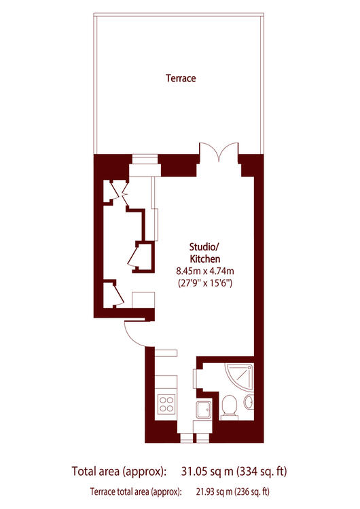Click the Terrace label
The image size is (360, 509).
(181, 78)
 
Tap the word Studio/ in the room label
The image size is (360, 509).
(204, 247)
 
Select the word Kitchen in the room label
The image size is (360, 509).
(205, 259)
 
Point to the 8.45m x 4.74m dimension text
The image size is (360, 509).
(205, 271)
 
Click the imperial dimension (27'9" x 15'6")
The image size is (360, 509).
(205, 283)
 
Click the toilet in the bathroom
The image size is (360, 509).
(230, 407)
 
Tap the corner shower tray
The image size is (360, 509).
(240, 377)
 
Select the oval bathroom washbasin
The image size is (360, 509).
(249, 402)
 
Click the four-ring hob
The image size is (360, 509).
(166, 404)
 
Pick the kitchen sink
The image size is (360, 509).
(204, 409)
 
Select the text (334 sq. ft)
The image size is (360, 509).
(262, 471)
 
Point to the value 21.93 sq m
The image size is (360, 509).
(214, 491)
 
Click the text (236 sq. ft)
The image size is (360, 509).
(252, 491)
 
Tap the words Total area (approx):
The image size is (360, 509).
(120, 471)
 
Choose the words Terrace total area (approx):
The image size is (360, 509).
(136, 491)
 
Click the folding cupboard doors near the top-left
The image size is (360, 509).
(120, 193)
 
